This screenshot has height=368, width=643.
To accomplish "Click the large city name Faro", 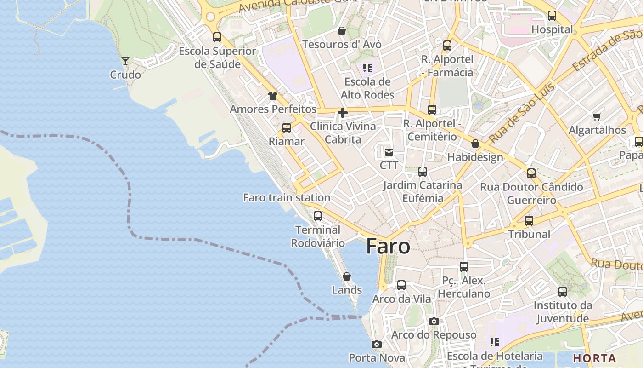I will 388,247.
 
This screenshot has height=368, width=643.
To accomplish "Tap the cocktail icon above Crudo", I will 125,61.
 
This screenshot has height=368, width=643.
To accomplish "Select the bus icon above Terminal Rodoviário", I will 317,216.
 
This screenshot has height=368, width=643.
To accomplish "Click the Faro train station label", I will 287,197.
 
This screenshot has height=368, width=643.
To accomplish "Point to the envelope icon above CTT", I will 389,152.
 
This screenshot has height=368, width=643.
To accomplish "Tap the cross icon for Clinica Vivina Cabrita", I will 343,113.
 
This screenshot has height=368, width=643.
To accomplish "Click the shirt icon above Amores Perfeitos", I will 273,96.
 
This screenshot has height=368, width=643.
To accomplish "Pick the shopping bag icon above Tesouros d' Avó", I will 342,31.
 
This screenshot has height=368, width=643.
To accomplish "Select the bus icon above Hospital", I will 552,16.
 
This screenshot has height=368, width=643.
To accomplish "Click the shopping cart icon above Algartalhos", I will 597,116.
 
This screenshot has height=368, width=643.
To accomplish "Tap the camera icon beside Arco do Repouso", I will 434,321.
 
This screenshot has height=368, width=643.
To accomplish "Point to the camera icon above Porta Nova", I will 377,344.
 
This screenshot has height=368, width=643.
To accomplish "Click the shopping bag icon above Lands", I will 347,276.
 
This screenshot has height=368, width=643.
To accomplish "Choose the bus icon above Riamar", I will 287,127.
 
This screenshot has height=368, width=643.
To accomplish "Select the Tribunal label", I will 529,234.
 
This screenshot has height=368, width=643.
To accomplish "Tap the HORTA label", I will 594,358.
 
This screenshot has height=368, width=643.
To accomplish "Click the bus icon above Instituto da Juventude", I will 563,291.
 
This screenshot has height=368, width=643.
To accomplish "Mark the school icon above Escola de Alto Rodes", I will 367,68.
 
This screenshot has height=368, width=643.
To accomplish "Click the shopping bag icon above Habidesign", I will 475,144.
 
